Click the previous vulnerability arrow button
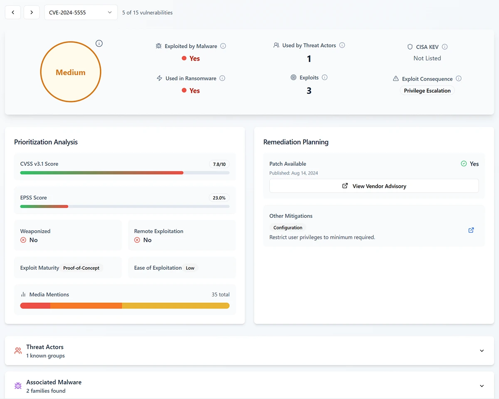(x=13, y=12)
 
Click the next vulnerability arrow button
(x=32, y=12)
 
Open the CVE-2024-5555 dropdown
(x=81, y=12)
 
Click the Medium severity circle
(x=71, y=72)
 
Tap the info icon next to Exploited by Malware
(x=223, y=46)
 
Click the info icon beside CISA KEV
(x=445, y=47)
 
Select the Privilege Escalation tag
(x=427, y=91)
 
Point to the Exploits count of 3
(x=309, y=91)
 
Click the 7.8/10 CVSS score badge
(x=219, y=164)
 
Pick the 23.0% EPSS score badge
(x=219, y=198)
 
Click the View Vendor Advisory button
(x=374, y=186)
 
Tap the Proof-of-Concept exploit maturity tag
(x=82, y=268)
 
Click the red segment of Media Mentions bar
(x=35, y=306)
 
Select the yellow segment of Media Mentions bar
(x=175, y=306)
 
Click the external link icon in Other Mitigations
(x=471, y=230)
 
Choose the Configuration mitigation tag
(x=288, y=228)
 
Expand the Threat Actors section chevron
(x=482, y=351)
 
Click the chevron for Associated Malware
(x=482, y=386)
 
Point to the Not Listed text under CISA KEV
(x=427, y=58)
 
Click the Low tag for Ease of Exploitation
(x=190, y=268)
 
